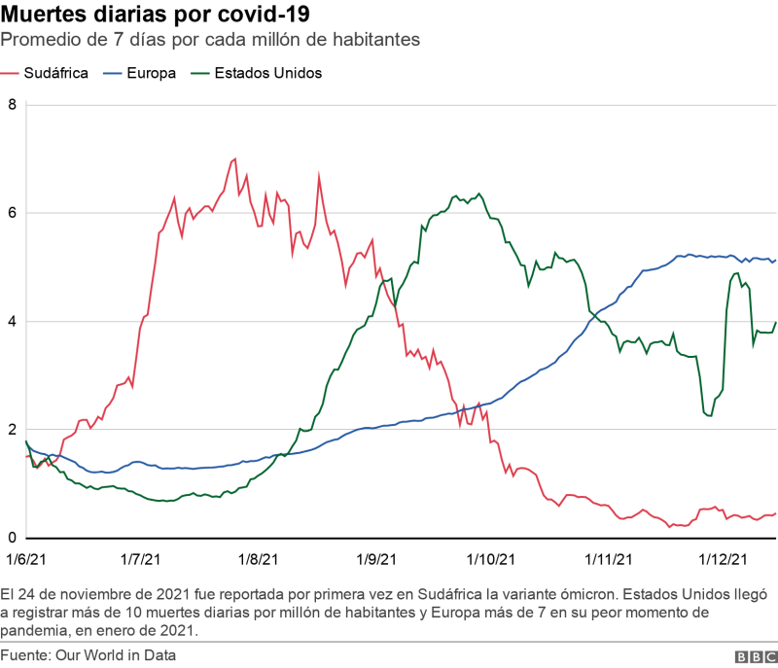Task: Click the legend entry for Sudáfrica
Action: [x=45, y=73]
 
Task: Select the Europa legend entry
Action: [x=139, y=73]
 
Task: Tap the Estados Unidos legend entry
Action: [x=257, y=73]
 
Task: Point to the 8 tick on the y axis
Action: [x=12, y=105]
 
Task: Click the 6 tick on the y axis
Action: [x=12, y=213]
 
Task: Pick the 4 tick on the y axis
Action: [x=12, y=321]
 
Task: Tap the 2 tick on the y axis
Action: [x=12, y=430]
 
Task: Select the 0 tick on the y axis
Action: [x=12, y=538]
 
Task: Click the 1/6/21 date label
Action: [x=26, y=559]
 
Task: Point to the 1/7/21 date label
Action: [x=140, y=559]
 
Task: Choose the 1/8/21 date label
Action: [x=258, y=559]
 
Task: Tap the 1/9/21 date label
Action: [x=376, y=559]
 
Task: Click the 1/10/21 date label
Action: [x=491, y=559]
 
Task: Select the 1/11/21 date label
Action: [x=609, y=559]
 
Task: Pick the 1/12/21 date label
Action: [x=723, y=559]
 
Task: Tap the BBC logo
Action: [x=757, y=657]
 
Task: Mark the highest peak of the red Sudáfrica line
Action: [x=234, y=158]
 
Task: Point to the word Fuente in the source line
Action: [x=25, y=655]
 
